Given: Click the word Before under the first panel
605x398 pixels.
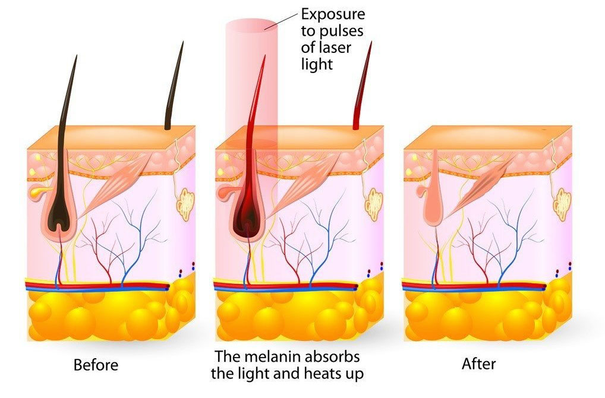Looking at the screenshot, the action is click(96, 365).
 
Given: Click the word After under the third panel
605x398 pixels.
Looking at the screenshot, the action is click(478, 364).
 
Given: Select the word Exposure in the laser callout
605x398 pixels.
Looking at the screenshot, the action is click(333, 15).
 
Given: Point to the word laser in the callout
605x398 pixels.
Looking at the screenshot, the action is click(334, 48).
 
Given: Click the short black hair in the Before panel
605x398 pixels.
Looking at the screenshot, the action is click(174, 87).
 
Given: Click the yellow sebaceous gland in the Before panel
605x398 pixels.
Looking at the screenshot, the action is click(38, 190).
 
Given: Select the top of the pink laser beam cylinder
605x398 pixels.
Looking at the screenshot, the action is click(251, 23).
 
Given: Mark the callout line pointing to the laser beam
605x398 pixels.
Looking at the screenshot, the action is click(281, 21).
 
